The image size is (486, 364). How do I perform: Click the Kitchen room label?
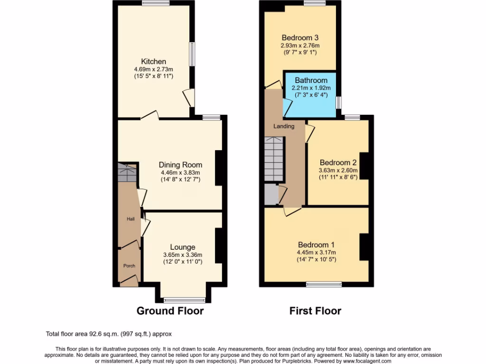tap(153, 62)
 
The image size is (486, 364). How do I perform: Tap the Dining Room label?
tap(180, 165)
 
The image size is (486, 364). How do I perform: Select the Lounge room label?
tap(183, 247)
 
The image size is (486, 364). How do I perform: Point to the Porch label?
tap(129, 266)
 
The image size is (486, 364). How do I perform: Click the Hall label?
tap(130, 219)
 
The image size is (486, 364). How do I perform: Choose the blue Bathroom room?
tap(310, 95)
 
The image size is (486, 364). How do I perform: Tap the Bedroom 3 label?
tap(299, 38)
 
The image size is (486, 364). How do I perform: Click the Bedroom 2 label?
tap(337, 161)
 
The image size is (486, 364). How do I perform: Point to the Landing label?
tap(284, 126)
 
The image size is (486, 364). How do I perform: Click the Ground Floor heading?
tap(170, 311)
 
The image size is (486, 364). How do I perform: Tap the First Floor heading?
tap(315, 311)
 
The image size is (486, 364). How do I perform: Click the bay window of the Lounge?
tap(184, 300)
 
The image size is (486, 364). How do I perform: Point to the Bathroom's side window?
tap(338, 102)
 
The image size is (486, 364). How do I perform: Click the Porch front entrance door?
tap(129, 282)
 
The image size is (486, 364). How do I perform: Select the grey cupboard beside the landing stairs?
tap(271, 194)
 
